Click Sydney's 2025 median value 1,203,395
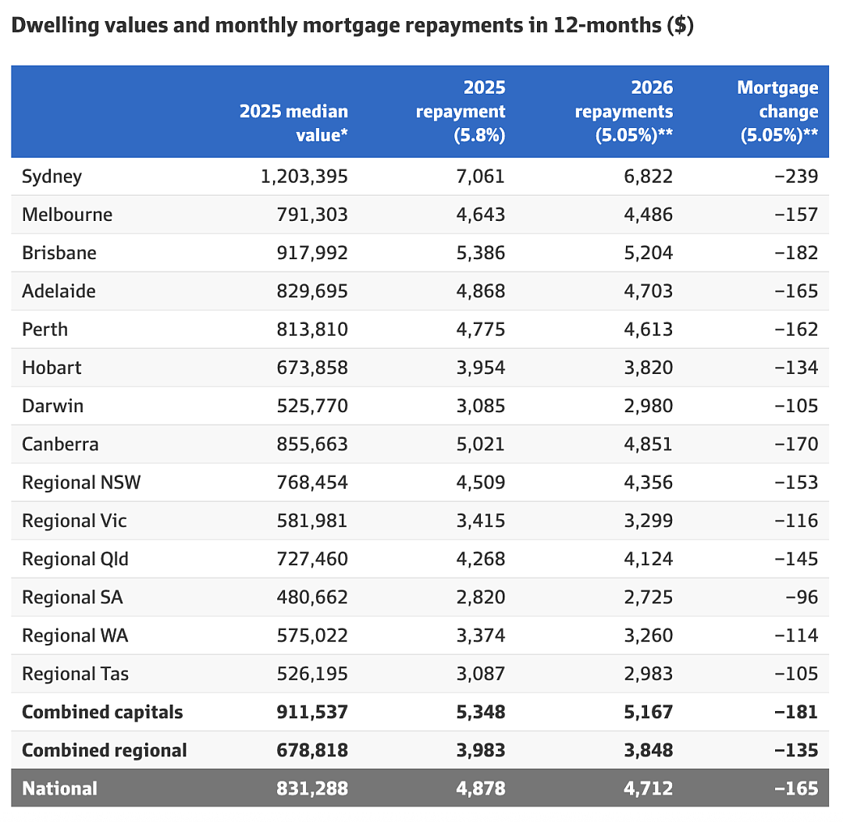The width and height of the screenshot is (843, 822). click(x=304, y=176)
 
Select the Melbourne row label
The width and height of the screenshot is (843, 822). click(x=67, y=215)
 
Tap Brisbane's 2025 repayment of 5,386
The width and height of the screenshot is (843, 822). click(x=481, y=253)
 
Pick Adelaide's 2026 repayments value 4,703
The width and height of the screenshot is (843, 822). click(x=649, y=291)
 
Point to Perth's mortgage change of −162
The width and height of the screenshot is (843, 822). click(x=796, y=329)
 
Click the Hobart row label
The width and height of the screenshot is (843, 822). click(x=52, y=368)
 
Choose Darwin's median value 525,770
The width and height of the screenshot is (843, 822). click(x=312, y=406)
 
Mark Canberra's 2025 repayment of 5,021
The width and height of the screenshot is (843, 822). click(x=481, y=444)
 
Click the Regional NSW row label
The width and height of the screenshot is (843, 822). click(x=81, y=482)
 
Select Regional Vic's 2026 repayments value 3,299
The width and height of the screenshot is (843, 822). click(x=649, y=521)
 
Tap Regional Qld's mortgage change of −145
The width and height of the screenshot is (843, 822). click(x=796, y=559)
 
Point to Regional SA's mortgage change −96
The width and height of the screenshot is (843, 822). click(x=802, y=597)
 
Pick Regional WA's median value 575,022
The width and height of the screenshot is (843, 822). click(x=312, y=635)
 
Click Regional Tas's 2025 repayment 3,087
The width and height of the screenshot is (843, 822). click(x=481, y=674)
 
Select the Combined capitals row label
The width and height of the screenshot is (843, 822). click(x=102, y=712)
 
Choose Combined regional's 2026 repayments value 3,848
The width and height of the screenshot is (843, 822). click(x=649, y=750)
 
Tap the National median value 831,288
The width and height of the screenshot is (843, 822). click(x=312, y=788)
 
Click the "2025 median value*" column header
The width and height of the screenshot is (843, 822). click(x=293, y=123)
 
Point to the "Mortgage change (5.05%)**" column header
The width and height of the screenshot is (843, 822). click(x=778, y=112)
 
